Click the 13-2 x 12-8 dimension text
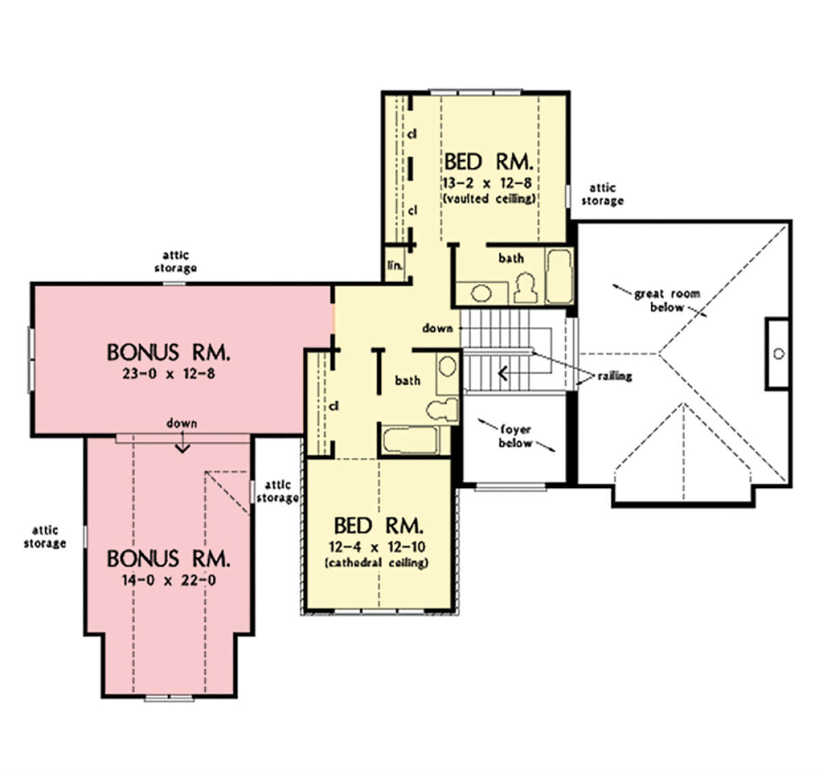[487, 182]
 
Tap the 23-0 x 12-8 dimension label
[169, 374]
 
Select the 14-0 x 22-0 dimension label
[169, 580]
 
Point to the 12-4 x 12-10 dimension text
[377, 547]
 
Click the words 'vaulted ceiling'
[489, 199]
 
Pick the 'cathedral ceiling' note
[377, 563]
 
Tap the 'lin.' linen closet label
[394, 266]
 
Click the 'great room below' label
[667, 300]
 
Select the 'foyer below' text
[515, 436]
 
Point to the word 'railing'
[614, 376]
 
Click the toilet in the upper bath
[526, 287]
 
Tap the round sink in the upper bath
[481, 293]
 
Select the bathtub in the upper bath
[559, 276]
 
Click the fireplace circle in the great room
[779, 354]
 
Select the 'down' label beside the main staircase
[437, 328]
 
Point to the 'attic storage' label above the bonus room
[175, 261]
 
